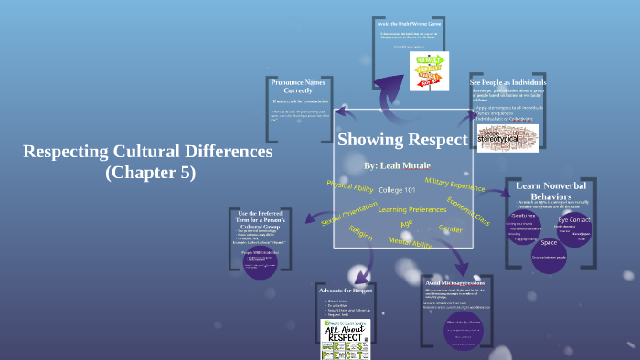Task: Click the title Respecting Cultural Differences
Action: coord(147,151)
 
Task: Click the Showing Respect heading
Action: coord(402,140)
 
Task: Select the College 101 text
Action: coord(397,190)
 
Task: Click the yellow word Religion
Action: coord(361,234)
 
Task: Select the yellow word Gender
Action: coord(451,228)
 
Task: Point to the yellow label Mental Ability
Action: coord(410,243)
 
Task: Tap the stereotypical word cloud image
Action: coord(507,136)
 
